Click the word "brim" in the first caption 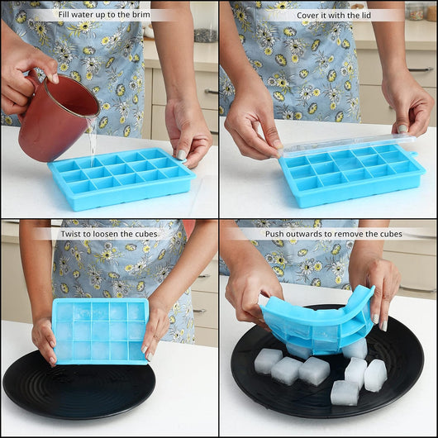pyautogui.click(x=140, y=15)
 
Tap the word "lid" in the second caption pyautogui.click(x=365, y=16)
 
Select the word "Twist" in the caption pyautogui.click(x=71, y=234)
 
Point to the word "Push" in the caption pyautogui.click(x=273, y=234)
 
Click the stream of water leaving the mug pyautogui.click(x=93, y=140)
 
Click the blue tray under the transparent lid pyautogui.click(x=353, y=177)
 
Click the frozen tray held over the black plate pyautogui.click(x=101, y=331)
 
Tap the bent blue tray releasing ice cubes pyautogui.click(x=318, y=321)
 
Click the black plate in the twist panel pyautogui.click(x=79, y=391)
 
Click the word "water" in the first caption pyautogui.click(x=84, y=15)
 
